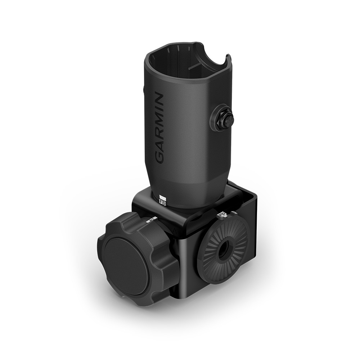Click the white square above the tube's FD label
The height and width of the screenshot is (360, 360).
162,197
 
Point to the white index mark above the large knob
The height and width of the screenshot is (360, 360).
153,218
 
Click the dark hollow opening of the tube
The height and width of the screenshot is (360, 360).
180,65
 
